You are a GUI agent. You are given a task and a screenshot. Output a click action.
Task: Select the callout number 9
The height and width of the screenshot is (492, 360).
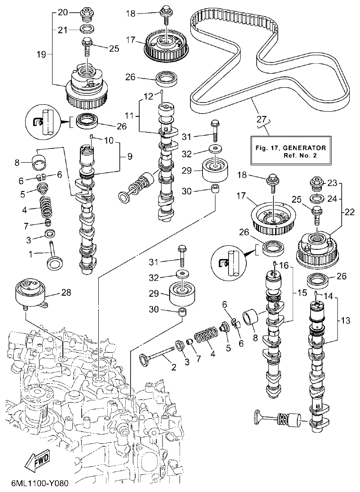click(x=129, y=157)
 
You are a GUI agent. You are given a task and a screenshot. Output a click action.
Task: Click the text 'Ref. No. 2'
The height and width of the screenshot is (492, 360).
click(x=301, y=155)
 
